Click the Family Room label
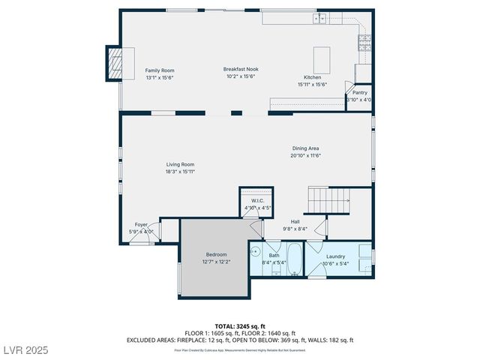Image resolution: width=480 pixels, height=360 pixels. (159, 70)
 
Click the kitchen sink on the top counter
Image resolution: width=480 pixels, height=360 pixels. (321, 18)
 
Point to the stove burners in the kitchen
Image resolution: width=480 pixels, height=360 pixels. (364, 42)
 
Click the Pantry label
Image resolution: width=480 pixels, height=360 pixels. (359, 92)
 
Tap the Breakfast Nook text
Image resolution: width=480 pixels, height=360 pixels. (241, 69)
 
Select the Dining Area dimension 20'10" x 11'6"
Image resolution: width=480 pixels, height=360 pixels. (305, 156)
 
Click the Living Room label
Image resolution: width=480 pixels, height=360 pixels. (180, 164)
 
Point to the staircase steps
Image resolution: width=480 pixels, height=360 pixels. (328, 200)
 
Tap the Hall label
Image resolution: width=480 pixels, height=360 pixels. (295, 222)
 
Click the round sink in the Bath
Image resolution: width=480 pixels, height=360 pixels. (255, 253)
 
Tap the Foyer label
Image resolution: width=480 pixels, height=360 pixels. (141, 224)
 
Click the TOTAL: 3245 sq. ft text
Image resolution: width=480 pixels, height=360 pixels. (240, 326)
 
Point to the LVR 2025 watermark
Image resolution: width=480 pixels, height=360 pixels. (25, 350)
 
